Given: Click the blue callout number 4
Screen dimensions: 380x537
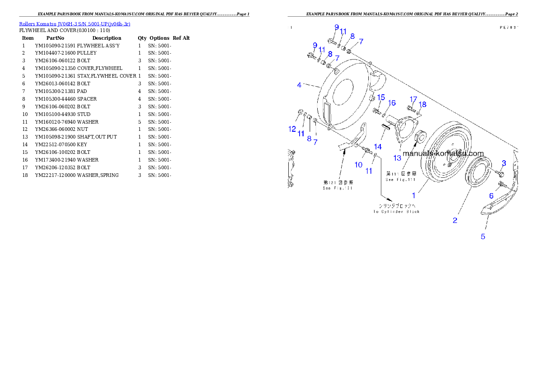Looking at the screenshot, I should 299,84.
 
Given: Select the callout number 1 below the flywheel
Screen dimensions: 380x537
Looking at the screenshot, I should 414,196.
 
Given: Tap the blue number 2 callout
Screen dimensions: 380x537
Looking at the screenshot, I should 455,220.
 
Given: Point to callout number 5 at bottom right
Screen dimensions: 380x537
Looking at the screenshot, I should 482,236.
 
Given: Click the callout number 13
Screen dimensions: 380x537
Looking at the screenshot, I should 397,158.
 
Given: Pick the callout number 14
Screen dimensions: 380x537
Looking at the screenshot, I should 377,147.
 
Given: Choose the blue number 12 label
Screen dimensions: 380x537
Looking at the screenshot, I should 292,129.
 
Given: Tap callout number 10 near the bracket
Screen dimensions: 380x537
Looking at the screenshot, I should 358,165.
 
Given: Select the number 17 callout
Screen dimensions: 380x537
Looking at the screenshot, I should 413,99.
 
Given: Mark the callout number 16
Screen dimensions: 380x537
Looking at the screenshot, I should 392,103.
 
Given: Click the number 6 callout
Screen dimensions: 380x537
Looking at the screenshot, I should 491,196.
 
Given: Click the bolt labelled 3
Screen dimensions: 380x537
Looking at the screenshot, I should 501,173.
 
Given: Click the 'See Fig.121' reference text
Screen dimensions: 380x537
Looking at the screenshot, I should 338,188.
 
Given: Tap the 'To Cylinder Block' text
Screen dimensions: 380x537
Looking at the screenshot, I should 396,212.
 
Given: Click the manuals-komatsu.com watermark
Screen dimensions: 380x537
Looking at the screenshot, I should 443,153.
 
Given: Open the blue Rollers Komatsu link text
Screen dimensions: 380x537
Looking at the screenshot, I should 74,24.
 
